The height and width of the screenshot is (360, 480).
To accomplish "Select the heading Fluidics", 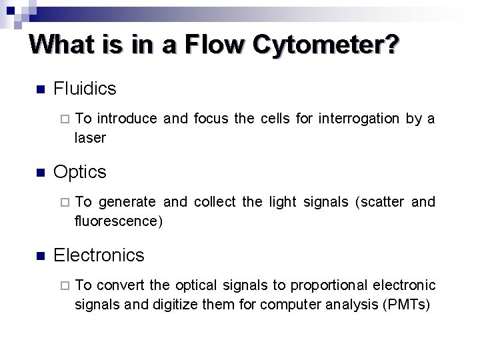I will tap(85, 88).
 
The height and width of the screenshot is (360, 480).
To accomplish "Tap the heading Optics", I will tap(79, 171).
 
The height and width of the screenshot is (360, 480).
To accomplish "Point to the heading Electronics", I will tap(99, 255).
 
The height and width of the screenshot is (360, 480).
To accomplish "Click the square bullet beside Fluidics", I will tap(39, 89).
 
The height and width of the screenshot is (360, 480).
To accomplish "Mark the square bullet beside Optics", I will tap(39, 173).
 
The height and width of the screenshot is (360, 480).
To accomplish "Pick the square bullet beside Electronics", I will tap(39, 256).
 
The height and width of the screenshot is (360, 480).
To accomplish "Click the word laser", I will tap(90, 138).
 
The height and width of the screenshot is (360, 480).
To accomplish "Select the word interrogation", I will tap(359, 119).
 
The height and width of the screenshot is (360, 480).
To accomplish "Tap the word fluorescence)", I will tap(119, 221).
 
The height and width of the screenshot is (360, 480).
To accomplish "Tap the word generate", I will tap(127, 201).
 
